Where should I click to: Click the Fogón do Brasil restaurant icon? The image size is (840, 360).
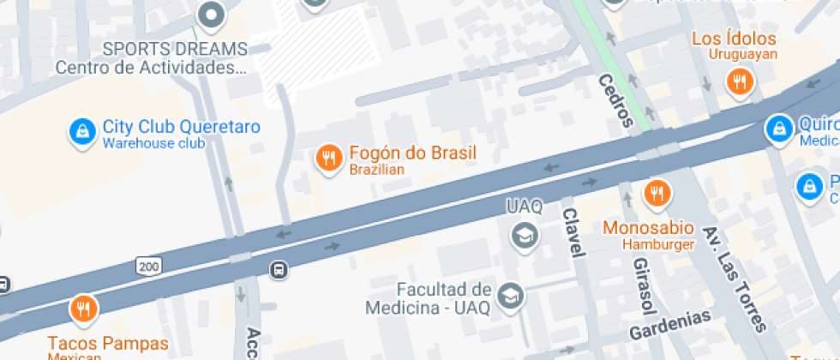coord(327,158)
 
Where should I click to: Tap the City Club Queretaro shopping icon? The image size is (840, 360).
coord(81,132)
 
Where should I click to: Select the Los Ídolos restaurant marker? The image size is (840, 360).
coord(739,81)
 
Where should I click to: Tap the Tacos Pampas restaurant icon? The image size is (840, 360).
coord(83,309)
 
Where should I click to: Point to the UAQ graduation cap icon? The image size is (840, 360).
coord(524,234)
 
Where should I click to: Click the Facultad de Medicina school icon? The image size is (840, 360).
coord(511,297)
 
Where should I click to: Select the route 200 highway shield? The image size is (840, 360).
coord(147,267)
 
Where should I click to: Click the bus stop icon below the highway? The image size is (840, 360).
coord(279,271)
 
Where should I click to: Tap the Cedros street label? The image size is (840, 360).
coord(615,100)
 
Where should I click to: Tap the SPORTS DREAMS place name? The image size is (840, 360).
coord(175,49)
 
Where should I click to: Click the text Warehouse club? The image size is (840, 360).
coord(153,143)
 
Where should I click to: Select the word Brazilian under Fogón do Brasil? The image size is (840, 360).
coord(376,170)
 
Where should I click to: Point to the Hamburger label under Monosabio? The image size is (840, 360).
coord(658,244)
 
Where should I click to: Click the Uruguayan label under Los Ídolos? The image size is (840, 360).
coord(742,55)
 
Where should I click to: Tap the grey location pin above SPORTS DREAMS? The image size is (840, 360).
coord(210,14)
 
